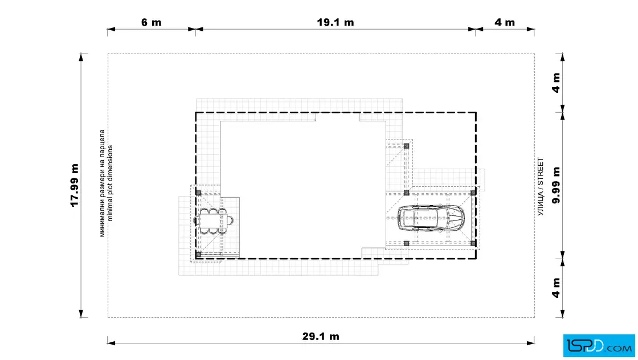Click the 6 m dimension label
(152, 22)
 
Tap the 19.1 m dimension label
(336, 22)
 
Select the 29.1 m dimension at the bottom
(321, 337)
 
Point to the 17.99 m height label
(75, 185)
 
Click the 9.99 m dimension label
(556, 185)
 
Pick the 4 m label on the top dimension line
(505, 22)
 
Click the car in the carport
(431, 218)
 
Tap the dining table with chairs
(213, 221)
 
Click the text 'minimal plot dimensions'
(111, 183)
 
